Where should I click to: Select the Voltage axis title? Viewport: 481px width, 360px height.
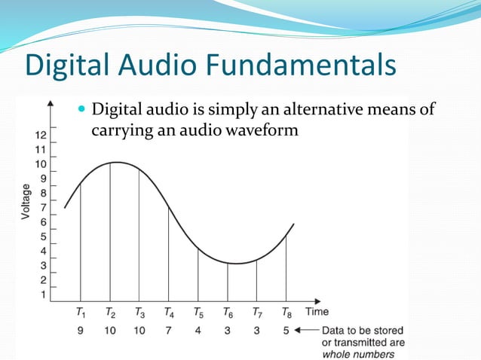27,202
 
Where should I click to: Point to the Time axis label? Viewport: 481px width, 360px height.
317,311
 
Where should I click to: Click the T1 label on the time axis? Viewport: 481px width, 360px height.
81,312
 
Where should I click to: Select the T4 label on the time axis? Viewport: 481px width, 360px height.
169,312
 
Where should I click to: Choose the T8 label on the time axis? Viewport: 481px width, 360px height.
286,312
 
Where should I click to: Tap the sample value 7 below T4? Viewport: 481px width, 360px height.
168,330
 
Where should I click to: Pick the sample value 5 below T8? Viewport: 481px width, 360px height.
286,330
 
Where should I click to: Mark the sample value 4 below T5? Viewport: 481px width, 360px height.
198,330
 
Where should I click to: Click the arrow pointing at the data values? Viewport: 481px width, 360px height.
308,330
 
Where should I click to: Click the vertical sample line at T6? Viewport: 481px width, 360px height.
228,282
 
